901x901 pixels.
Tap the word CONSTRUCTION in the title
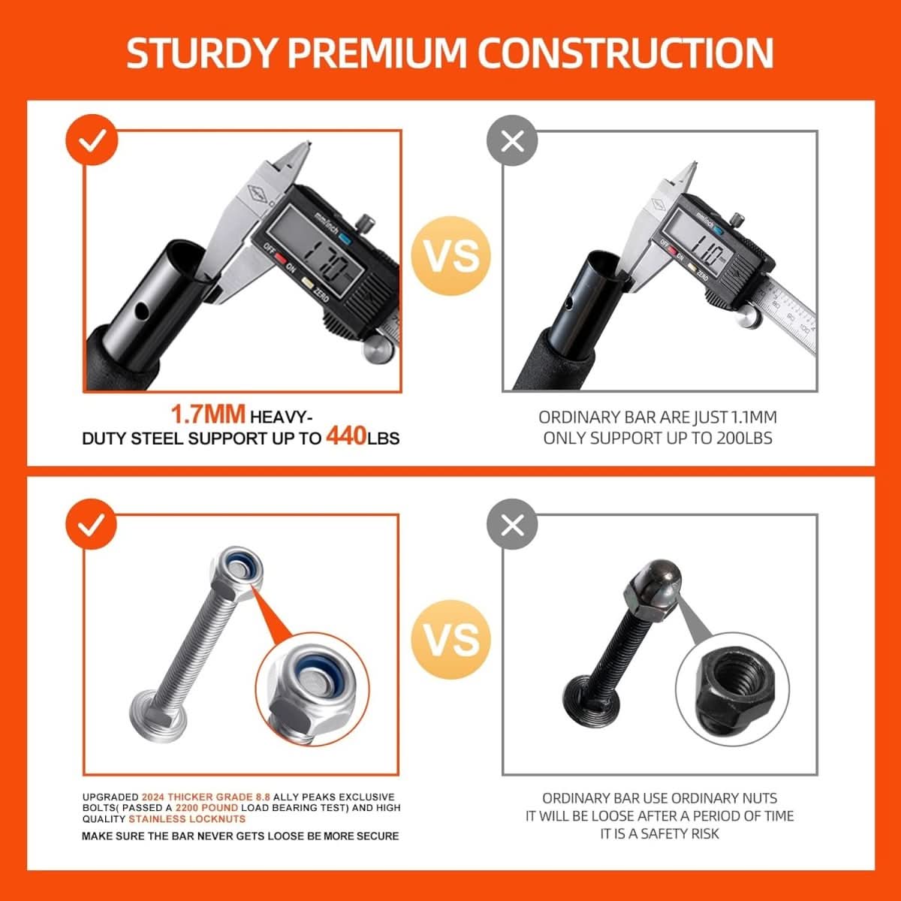click(626, 53)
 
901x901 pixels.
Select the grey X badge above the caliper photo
click(512, 141)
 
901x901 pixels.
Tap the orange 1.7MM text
click(208, 414)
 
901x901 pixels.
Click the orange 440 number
click(346, 436)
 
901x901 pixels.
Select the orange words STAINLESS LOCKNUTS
click(187, 819)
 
